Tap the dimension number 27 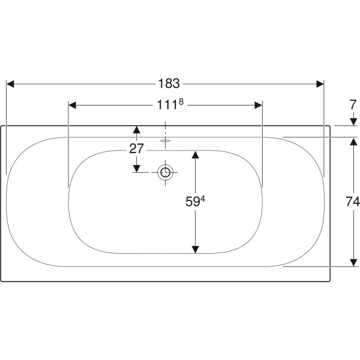pos(137,148)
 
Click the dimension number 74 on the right pos(352,202)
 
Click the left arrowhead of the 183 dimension pos(11,83)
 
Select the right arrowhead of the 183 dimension pos(319,83)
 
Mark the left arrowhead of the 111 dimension pos(73,105)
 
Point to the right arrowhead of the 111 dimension pos(258,105)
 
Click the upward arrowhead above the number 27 pos(137,130)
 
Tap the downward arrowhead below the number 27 pos(137,168)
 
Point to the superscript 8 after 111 pos(180,103)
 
